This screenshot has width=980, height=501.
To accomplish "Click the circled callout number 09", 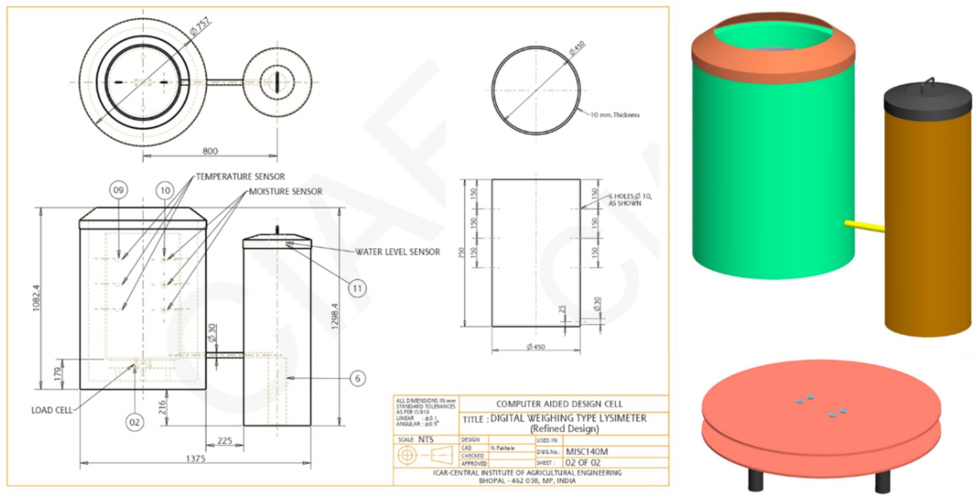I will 119,190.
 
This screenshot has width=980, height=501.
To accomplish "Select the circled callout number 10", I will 165,191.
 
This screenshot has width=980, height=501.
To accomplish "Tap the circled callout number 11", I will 357,288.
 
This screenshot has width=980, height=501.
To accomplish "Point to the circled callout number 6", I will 358,378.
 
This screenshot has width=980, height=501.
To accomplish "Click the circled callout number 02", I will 134,422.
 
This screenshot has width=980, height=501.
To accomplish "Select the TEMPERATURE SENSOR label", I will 240,177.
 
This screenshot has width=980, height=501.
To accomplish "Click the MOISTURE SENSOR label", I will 285,192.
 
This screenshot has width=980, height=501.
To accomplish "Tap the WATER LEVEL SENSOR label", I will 397,252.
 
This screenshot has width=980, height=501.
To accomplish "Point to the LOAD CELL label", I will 52,410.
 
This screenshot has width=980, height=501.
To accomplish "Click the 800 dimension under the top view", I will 210,151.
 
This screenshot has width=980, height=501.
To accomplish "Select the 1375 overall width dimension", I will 195,458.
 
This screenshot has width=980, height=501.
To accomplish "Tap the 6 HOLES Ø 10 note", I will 630,200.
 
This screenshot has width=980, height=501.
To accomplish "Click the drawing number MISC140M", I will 587,452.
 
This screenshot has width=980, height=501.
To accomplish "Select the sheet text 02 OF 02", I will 583,462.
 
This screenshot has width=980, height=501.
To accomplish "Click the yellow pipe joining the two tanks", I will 864,226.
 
